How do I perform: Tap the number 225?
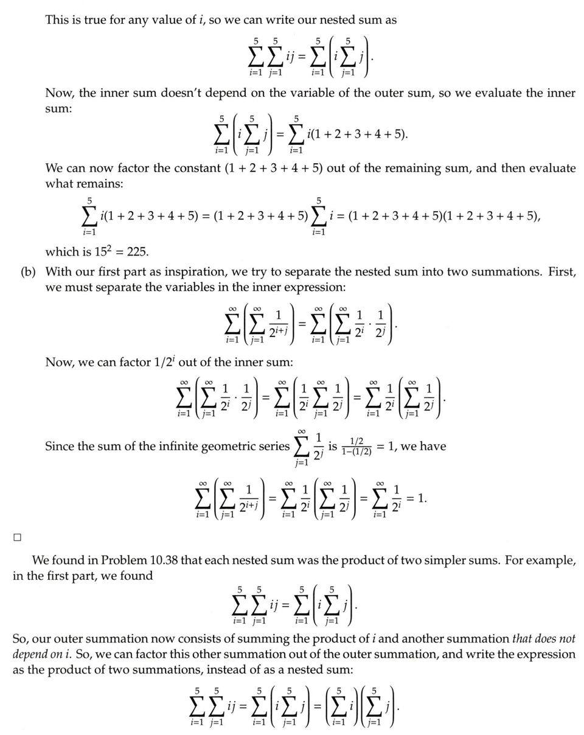[139, 252]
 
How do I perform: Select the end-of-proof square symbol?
[17, 537]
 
